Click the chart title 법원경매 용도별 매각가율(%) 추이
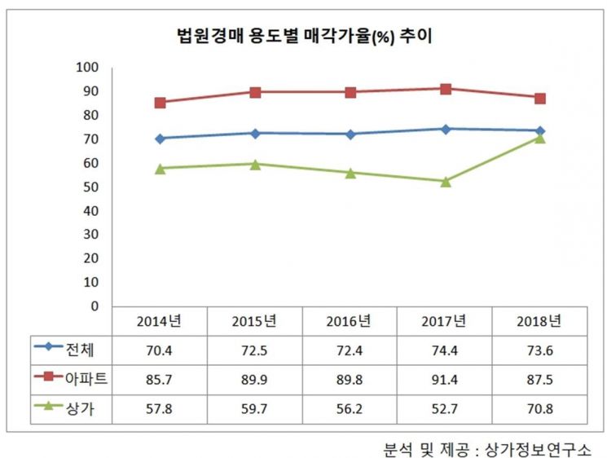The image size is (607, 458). click(303, 35)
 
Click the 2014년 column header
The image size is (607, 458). click(159, 320)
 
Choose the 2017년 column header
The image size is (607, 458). click(445, 320)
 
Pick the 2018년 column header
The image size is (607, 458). click(539, 320)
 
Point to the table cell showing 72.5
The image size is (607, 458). click(254, 350)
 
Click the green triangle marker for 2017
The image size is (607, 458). click(446, 181)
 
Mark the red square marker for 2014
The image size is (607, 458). click(160, 103)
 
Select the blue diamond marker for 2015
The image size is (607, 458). click(255, 133)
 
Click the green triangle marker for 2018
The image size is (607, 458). click(540, 138)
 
